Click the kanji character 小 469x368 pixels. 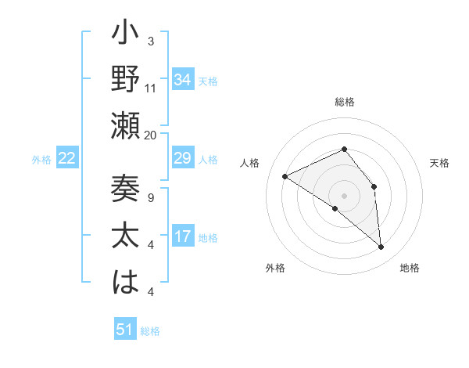pyautogui.click(x=126, y=36)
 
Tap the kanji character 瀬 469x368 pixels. pyautogui.click(x=126, y=127)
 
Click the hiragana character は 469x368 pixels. pyautogui.click(x=126, y=283)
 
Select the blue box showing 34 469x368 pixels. pyautogui.click(x=183, y=79)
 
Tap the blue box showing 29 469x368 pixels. pyautogui.click(x=183, y=159)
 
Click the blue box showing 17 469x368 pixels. pyautogui.click(x=183, y=236)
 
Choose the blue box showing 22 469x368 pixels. pyautogui.click(x=67, y=159)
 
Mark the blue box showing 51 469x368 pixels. pyautogui.click(x=125, y=330)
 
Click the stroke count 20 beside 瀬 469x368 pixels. pyautogui.click(x=151, y=135)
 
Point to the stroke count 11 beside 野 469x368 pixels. pyautogui.click(x=151, y=88)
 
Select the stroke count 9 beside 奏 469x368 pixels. pyautogui.click(x=151, y=197)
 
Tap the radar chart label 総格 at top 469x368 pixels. pyautogui.click(x=344, y=103)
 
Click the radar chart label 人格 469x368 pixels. pyautogui.click(x=250, y=163)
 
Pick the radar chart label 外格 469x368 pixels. pyautogui.click(x=275, y=268)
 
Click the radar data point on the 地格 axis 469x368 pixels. pyautogui.click(x=381, y=247)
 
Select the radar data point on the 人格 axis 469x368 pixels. pyautogui.click(x=285, y=176)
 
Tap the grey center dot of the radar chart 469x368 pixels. pyautogui.click(x=344, y=195)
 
